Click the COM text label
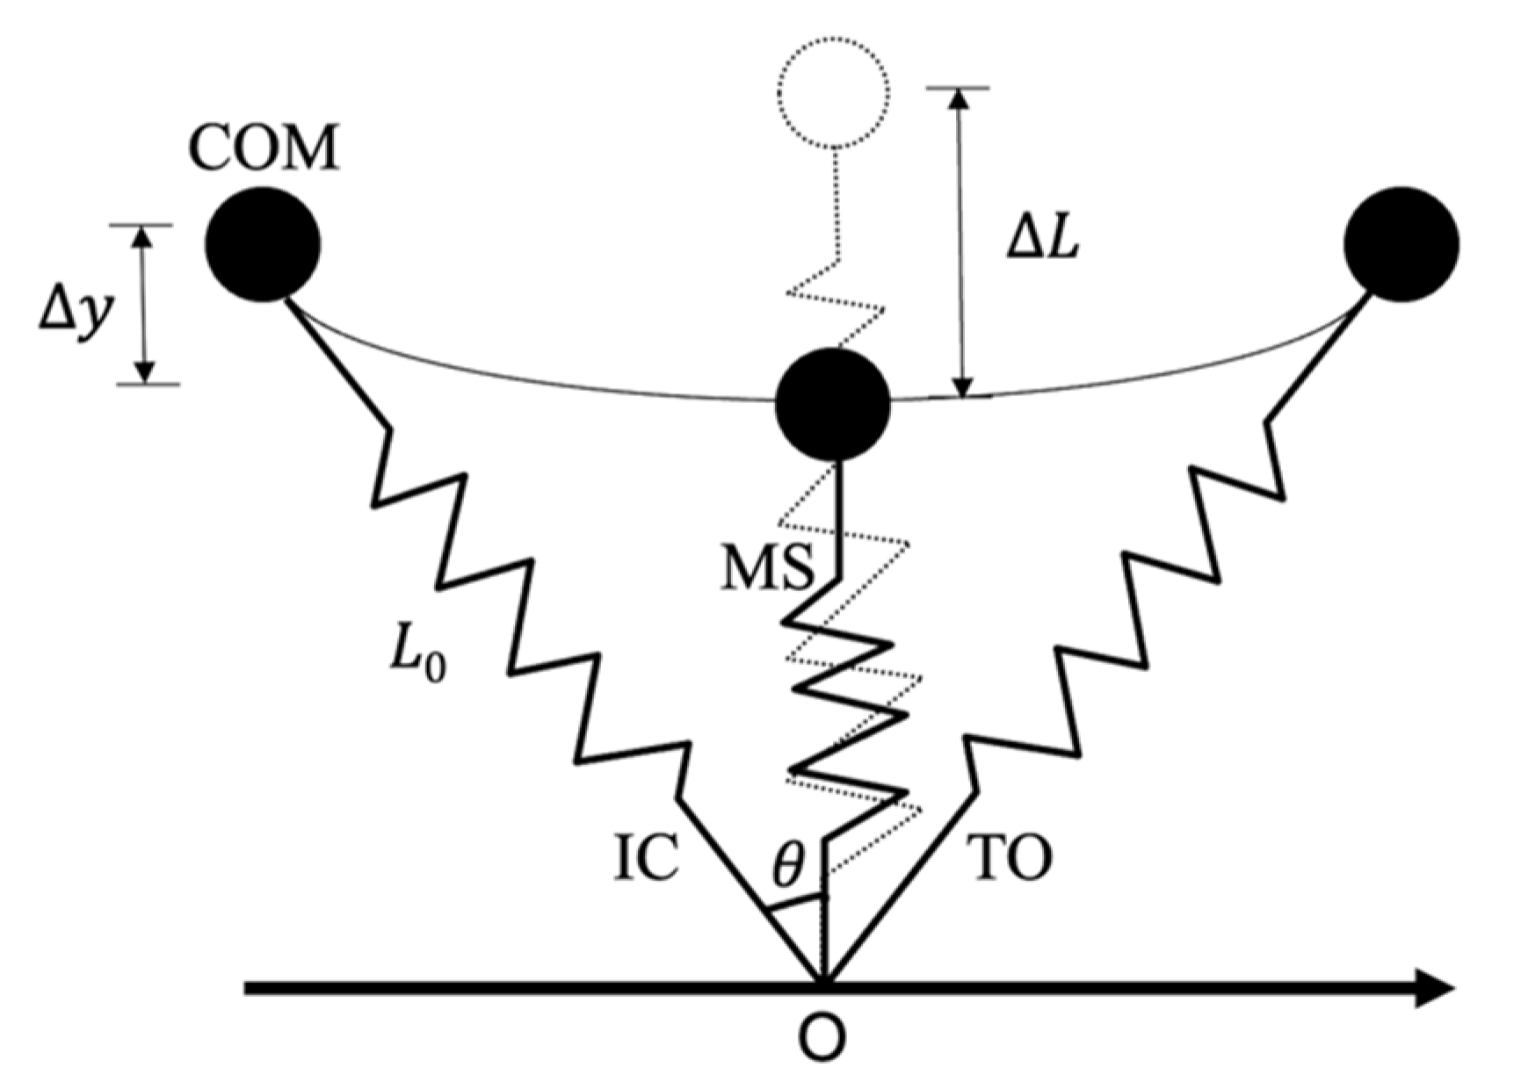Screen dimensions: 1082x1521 [x=264, y=148]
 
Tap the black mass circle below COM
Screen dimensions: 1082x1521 [x=263, y=245]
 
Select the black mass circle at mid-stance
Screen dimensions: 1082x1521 [x=833, y=405]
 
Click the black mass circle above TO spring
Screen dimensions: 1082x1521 [x=1401, y=244]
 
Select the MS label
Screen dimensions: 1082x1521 [x=767, y=569]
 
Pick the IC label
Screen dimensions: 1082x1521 [x=646, y=858]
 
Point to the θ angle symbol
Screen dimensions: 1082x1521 [x=787, y=866]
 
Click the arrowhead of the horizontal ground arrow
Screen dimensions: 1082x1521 [x=1432, y=987]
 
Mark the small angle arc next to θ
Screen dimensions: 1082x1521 [x=795, y=904]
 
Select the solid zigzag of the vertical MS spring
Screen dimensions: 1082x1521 [x=844, y=694]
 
